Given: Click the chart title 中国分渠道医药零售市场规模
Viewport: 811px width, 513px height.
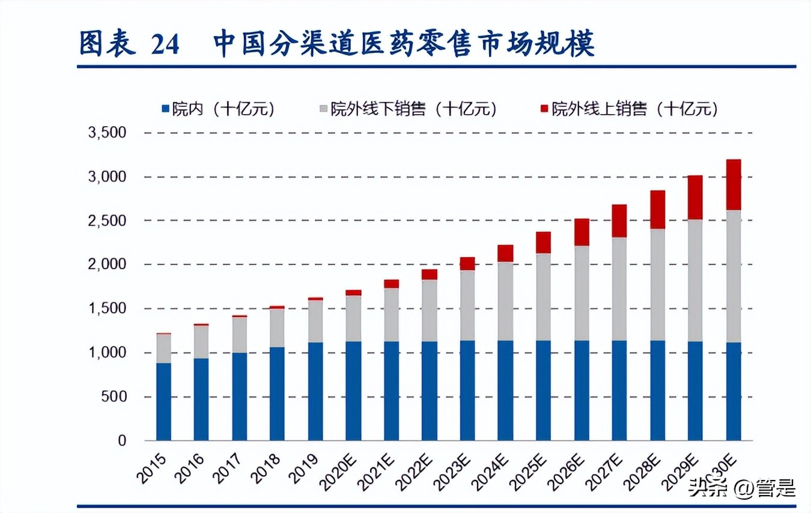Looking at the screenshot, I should click(404, 44).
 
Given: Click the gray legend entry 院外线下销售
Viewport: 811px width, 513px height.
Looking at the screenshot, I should click(414, 109).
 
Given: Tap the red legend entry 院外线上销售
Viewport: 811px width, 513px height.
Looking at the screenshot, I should click(635, 109).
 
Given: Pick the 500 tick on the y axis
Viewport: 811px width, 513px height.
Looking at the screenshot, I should click(114, 397).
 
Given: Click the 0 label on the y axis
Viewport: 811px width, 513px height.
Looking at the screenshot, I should click(122, 441).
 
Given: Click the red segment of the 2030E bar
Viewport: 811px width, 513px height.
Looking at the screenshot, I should click(734, 184).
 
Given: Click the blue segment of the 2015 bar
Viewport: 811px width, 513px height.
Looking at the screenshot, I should click(163, 401).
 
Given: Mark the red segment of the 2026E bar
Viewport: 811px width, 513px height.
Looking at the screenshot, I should click(582, 232).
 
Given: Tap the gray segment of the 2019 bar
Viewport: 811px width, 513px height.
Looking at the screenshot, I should click(315, 321).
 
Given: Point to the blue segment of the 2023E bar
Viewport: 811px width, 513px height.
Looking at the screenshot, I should click(467, 390).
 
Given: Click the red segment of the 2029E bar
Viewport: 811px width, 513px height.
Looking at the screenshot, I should click(695, 198).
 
